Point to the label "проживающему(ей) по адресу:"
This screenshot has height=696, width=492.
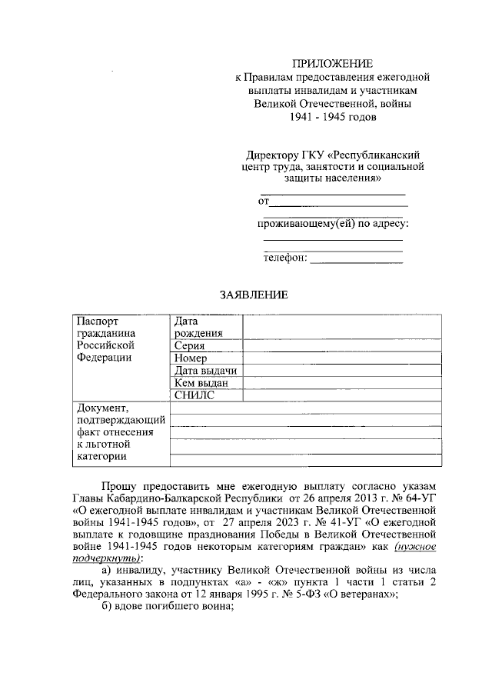[x=332, y=224]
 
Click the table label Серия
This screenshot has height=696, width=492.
[x=189, y=346]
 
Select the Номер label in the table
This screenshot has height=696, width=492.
[x=191, y=358]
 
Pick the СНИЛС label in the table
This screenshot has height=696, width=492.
[x=193, y=395]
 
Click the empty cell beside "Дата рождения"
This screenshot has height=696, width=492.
[x=342, y=327]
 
